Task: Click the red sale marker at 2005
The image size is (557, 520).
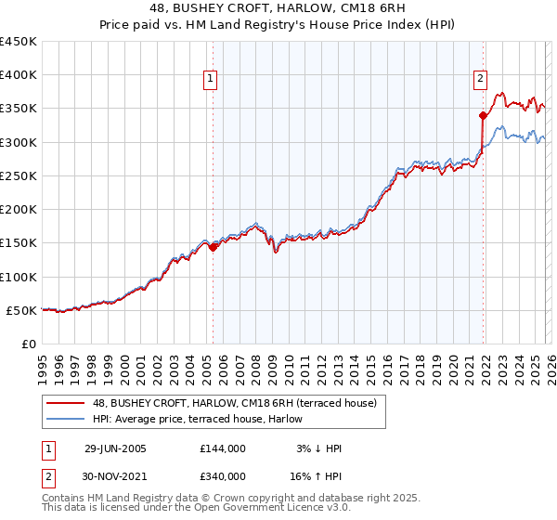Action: [213, 247]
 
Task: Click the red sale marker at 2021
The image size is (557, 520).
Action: [483, 116]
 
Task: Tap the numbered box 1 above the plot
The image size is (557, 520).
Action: [212, 80]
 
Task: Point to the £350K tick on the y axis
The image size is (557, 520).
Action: [19, 109]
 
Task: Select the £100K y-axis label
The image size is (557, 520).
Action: [19, 277]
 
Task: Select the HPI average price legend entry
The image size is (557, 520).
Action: [205, 419]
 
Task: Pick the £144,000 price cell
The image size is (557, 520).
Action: [223, 448]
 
